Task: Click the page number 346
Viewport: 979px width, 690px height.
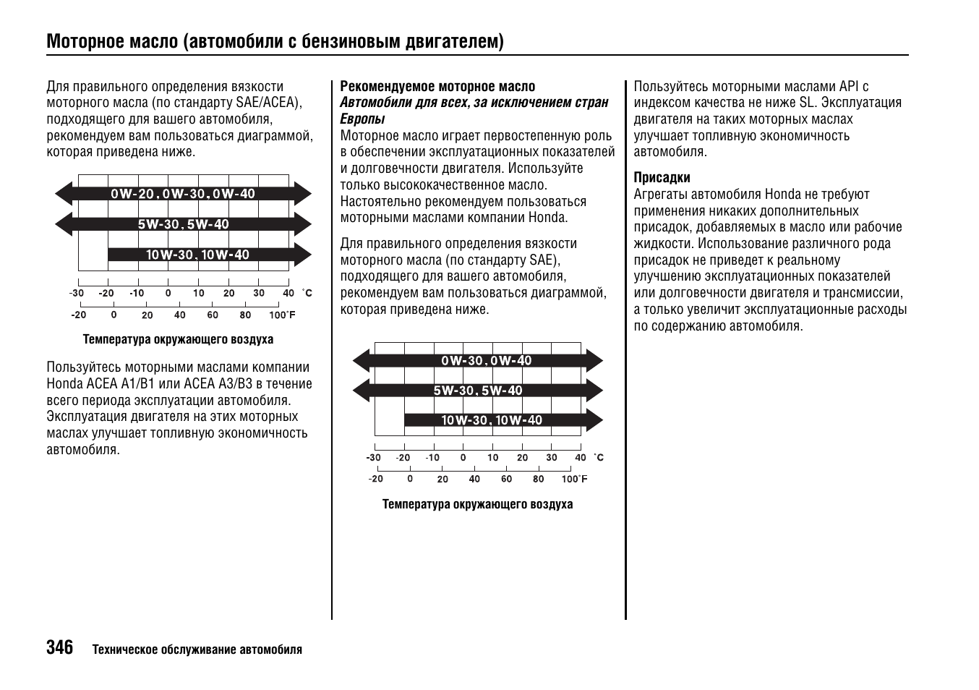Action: [59, 647]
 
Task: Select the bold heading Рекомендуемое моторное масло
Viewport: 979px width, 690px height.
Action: [437, 87]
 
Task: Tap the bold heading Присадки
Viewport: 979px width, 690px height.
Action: [662, 178]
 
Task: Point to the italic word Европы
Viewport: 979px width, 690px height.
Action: [362, 119]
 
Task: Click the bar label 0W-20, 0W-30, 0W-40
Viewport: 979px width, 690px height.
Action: [183, 194]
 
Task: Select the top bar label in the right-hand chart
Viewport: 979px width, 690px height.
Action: [486, 360]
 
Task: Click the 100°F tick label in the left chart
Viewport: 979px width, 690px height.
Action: [282, 315]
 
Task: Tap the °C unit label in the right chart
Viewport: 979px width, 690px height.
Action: [599, 458]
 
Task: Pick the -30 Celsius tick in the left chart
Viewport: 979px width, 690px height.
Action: [77, 294]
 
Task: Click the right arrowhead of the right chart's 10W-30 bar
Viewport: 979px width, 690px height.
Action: [594, 420]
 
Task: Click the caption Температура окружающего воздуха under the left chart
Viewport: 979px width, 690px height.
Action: [178, 339]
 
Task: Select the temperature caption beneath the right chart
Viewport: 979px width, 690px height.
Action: [477, 504]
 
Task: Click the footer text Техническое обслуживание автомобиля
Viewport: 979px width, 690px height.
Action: [197, 649]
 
